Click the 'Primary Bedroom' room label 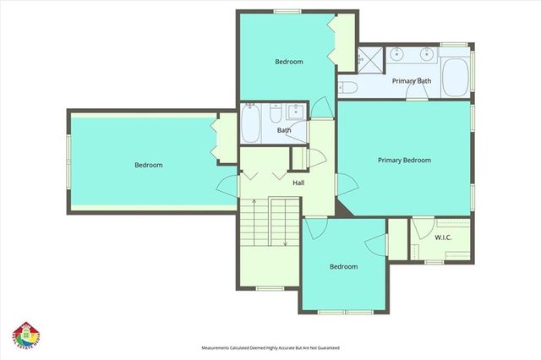[x=404, y=161]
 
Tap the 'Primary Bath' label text [x=412, y=81]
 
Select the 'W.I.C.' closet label [x=443, y=237]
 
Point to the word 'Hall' [x=298, y=183]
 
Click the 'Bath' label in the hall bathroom [x=284, y=131]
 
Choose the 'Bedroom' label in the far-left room [x=149, y=166]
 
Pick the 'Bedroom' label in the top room [x=289, y=62]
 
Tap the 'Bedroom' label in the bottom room [x=343, y=267]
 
